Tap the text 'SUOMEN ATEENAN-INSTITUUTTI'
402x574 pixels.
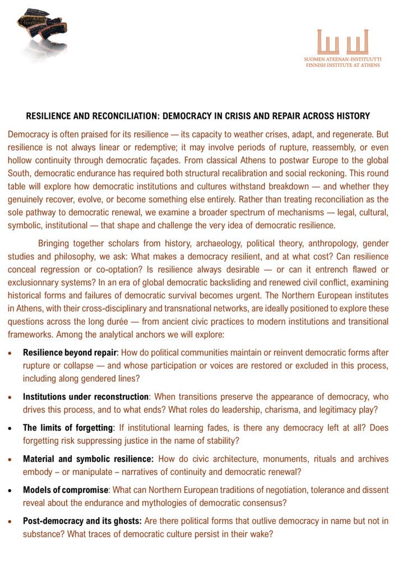343,58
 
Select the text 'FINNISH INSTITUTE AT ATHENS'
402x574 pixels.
343,65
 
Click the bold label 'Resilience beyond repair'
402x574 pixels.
70,353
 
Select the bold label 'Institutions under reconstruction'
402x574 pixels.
86,397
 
